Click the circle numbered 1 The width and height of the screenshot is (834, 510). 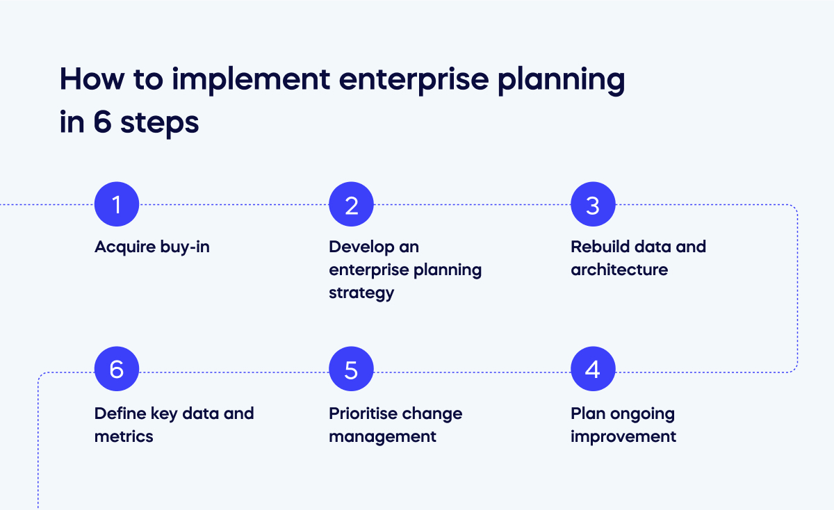coord(117,205)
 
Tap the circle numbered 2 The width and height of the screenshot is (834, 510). coord(351,205)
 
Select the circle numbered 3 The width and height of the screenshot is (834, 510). coord(593,205)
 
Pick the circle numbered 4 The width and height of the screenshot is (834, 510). coord(593,369)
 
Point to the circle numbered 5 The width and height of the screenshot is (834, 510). coord(351,369)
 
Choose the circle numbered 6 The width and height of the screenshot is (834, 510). coord(117,369)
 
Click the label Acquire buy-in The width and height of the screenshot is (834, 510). coord(152,247)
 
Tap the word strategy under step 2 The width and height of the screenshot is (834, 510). coord(361,293)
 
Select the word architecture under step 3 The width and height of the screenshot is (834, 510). coord(619,270)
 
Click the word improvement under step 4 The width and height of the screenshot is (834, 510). coord(623,436)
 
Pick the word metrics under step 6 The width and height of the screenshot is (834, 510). coord(124,436)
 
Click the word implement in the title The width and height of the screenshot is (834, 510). coord(250,81)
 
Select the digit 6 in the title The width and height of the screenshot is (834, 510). coord(101,123)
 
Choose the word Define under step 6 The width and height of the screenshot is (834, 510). coord(120,413)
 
